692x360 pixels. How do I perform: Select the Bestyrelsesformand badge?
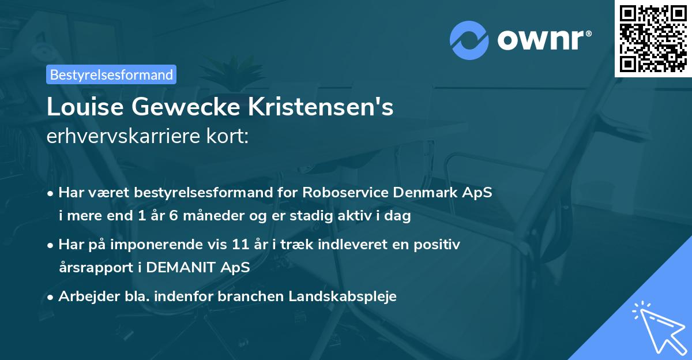[x=111, y=74]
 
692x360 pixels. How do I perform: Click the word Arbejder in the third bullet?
[x=86, y=297]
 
